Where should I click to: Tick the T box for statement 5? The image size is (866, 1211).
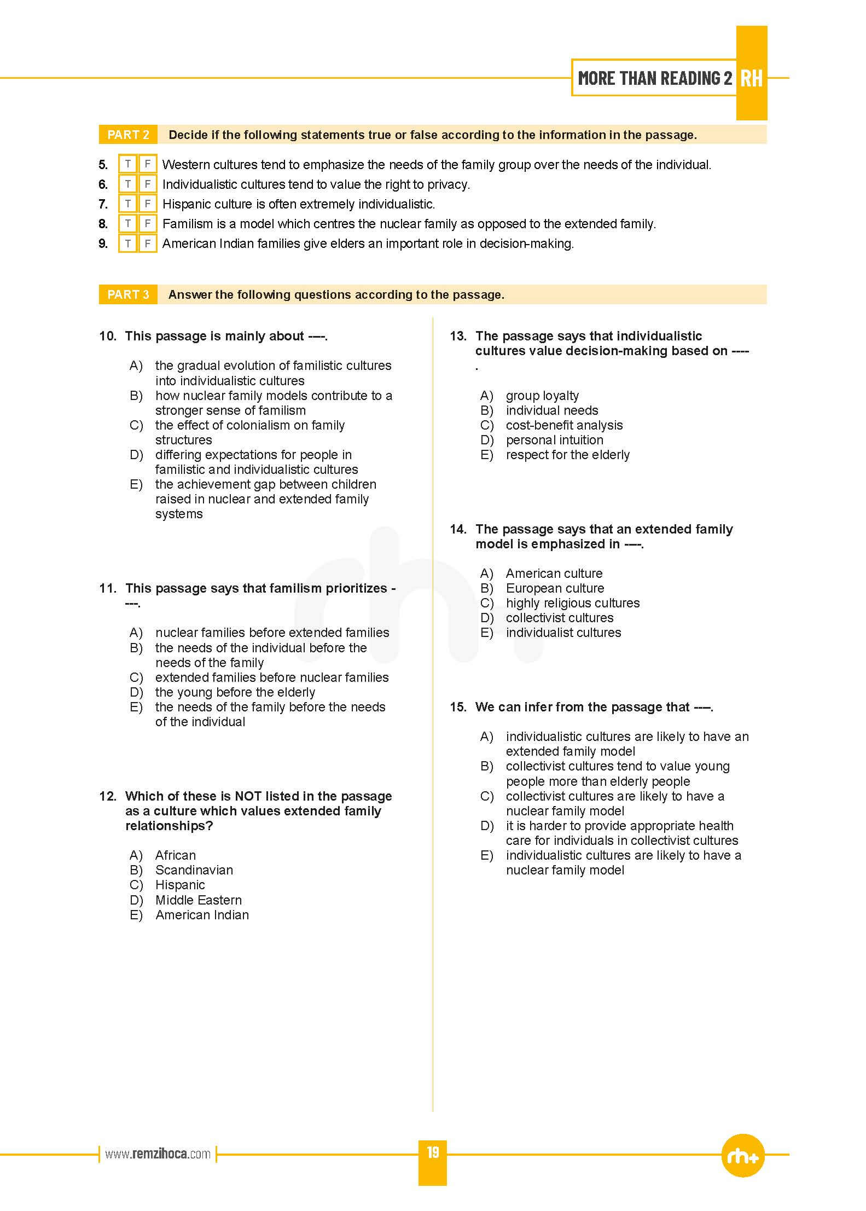point(127,164)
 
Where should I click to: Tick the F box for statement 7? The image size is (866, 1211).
point(147,204)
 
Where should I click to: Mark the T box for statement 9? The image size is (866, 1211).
point(127,244)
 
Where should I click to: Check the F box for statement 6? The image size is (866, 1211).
point(147,184)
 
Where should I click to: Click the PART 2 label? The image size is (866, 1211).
point(128,135)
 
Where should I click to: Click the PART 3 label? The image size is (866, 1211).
point(128,294)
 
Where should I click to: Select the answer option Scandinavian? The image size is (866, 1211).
point(194,870)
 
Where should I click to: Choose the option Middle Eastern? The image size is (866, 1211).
point(198,900)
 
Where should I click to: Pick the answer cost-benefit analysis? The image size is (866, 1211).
point(564,425)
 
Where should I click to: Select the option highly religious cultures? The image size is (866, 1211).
point(572,603)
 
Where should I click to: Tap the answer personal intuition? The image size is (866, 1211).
point(554,440)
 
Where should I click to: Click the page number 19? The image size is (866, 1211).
point(433,1152)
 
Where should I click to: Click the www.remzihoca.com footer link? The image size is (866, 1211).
point(158,1154)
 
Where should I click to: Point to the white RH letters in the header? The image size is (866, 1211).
point(751,78)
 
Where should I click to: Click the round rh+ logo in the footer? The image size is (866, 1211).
point(743,1155)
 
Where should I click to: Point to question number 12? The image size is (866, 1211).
point(107,796)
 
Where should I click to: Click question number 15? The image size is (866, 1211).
point(458,707)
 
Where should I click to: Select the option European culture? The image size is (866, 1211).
point(555,588)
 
